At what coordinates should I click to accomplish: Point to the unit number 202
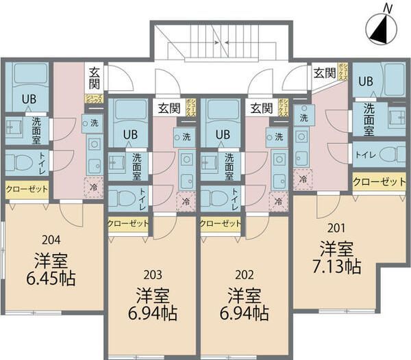click(x=244, y=275)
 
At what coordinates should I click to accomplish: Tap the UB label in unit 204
click(x=28, y=98)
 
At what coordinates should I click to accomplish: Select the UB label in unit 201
click(x=366, y=81)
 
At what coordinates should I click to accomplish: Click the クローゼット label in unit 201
click(x=379, y=181)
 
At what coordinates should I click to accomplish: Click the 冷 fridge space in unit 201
click(x=302, y=180)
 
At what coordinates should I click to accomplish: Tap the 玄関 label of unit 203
click(x=169, y=107)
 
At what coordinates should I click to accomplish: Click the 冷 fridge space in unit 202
click(x=278, y=202)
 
